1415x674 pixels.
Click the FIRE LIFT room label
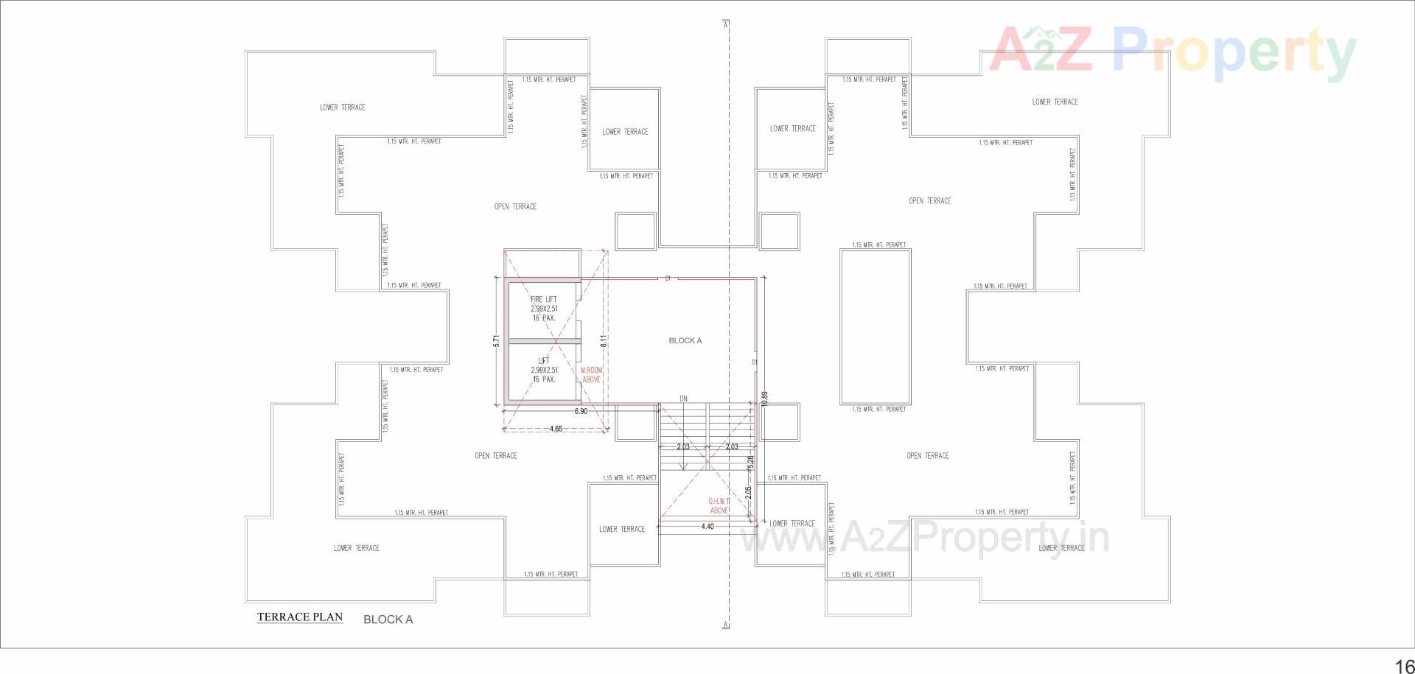tap(544, 299)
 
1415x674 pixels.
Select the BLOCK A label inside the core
tap(685, 340)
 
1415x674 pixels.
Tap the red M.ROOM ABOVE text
tap(592, 374)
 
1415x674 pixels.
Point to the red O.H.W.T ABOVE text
tap(719, 505)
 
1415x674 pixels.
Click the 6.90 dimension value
tap(581, 411)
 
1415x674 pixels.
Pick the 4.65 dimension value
tap(556, 429)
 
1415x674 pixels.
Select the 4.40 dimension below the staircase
tap(707, 526)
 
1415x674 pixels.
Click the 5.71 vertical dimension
tap(497, 341)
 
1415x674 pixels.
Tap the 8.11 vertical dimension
tap(603, 341)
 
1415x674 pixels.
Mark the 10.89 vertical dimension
tap(765, 398)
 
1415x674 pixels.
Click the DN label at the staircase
tap(683, 399)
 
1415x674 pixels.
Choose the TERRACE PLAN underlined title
tap(300, 617)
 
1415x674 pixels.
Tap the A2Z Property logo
tap(1172, 50)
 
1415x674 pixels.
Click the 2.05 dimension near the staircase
tap(749, 493)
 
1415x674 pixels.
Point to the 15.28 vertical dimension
tap(751, 463)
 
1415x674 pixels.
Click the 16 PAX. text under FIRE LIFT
tap(544, 318)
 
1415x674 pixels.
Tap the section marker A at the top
tap(727, 24)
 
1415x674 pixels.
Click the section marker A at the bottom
tap(727, 625)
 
